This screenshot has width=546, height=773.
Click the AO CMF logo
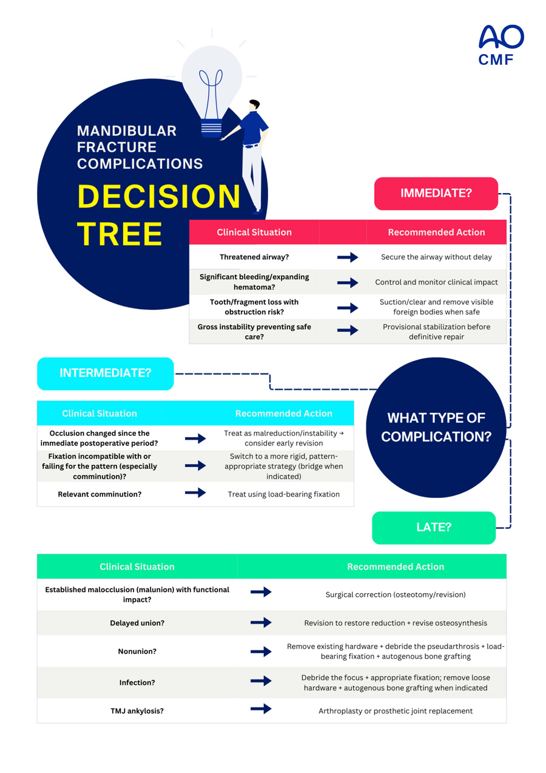(500, 45)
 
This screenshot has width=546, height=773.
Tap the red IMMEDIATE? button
(436, 193)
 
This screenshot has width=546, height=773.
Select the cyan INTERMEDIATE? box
(105, 373)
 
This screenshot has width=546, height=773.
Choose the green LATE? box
(433, 527)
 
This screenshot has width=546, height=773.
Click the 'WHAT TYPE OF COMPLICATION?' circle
(436, 427)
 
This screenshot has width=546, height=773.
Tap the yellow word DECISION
(159, 197)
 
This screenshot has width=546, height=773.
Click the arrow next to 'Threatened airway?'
(348, 257)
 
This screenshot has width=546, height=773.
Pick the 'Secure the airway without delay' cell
(436, 257)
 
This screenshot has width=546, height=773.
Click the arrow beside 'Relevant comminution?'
(195, 492)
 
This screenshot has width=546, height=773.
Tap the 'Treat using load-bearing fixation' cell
(283, 494)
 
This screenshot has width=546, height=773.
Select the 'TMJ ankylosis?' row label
(137, 710)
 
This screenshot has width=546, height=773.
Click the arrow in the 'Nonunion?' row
(261, 652)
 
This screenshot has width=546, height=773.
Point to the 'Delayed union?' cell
(137, 623)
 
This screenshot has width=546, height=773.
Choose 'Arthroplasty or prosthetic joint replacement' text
(396, 710)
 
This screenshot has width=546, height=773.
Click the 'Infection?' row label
(137, 683)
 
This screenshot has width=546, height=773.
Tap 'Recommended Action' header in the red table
(436, 232)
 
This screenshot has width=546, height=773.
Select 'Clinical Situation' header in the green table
(137, 567)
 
